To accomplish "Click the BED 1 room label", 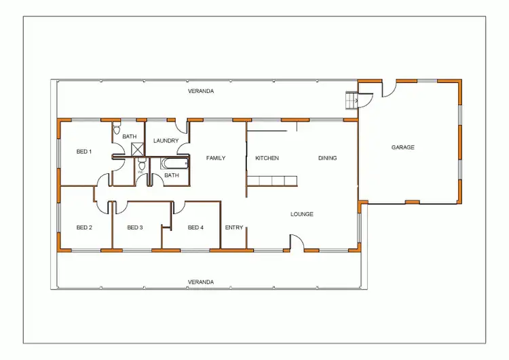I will pyautogui.click(x=84, y=151).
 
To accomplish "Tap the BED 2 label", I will pyautogui.click(x=84, y=227).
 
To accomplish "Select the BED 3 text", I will pyautogui.click(x=135, y=227).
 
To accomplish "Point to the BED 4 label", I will pyautogui.click(x=195, y=227).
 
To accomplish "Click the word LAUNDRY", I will pyautogui.click(x=166, y=141).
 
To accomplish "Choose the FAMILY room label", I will pyautogui.click(x=216, y=158).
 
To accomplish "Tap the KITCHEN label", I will pyautogui.click(x=267, y=158).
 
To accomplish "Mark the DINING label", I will pyautogui.click(x=328, y=158).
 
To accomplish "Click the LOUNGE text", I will pyautogui.click(x=302, y=214).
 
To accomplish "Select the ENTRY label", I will pyautogui.click(x=234, y=227).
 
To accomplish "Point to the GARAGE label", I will pyautogui.click(x=402, y=147).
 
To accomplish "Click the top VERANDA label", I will pyautogui.click(x=201, y=90).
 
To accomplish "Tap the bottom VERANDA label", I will pyautogui.click(x=201, y=281).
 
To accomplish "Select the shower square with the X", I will pyautogui.click(x=136, y=150).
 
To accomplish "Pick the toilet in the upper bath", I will pyautogui.click(x=116, y=128).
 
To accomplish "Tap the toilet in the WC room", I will pyautogui.click(x=142, y=164).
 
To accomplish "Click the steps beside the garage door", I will pyautogui.click(x=352, y=101).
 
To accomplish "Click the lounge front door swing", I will pyautogui.click(x=297, y=242).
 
